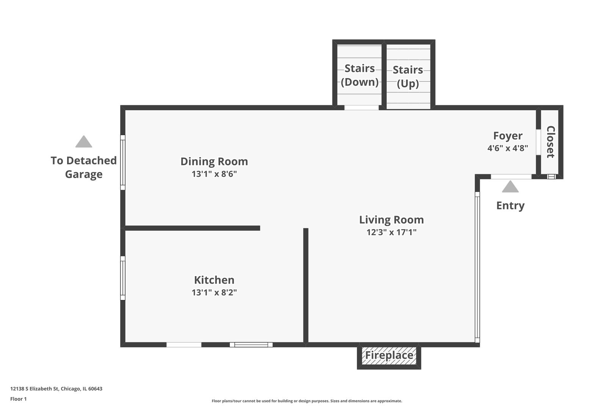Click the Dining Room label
click(214, 161)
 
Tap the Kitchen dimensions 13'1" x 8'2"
click(214, 292)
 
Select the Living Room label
click(391, 220)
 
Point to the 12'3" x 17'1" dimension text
click(391, 232)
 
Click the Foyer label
click(507, 136)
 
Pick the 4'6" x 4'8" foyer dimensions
click(507, 148)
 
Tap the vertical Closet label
click(550, 142)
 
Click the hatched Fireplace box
click(389, 356)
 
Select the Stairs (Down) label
click(359, 75)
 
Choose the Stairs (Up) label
click(408, 76)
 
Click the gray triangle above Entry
click(510, 187)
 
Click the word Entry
click(510, 206)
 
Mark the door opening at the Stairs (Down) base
click(361, 108)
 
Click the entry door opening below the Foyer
click(511, 176)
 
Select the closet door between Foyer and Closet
click(538, 142)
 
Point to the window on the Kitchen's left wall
click(123, 278)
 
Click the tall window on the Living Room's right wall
click(477, 267)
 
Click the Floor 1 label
click(19, 399)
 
